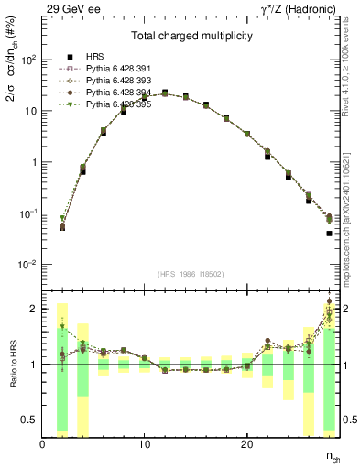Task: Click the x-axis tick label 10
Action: [145, 444]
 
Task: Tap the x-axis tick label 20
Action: [246, 444]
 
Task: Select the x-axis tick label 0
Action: [43, 444]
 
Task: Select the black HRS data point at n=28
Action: [329, 234]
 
